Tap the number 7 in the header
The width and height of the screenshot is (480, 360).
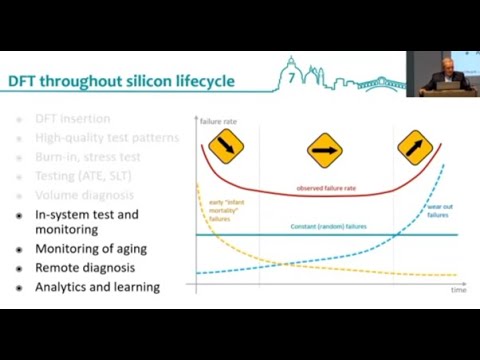point(290,76)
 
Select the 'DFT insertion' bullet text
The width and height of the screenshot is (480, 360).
point(73,118)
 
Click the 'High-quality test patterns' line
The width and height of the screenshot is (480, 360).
point(106,137)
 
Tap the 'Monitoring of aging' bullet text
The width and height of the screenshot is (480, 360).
point(91,249)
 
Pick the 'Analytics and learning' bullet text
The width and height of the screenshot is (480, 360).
point(97,287)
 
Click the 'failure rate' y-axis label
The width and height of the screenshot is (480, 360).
point(218,121)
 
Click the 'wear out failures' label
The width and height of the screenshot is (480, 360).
point(438,212)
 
